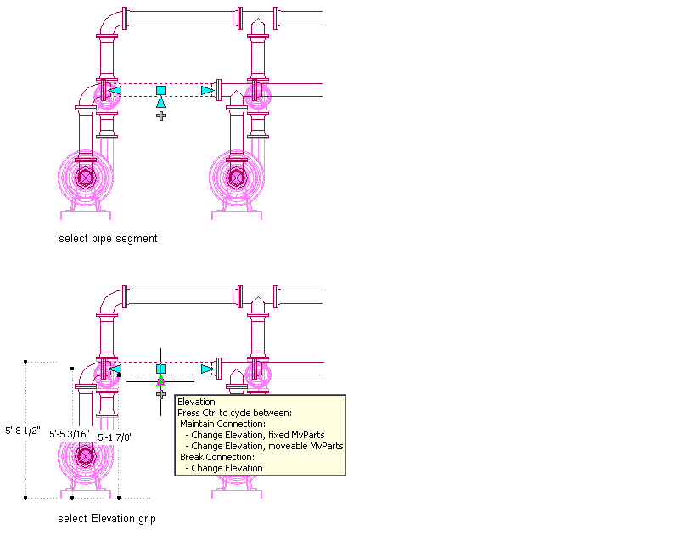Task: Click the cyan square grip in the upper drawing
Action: pyautogui.click(x=160, y=90)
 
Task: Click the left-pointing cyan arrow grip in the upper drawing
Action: pyautogui.click(x=115, y=90)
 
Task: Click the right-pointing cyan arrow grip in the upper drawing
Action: pyautogui.click(x=207, y=90)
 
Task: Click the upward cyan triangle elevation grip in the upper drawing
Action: pyautogui.click(x=160, y=102)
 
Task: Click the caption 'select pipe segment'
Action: pyautogui.click(x=108, y=239)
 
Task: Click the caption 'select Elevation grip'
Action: pyautogui.click(x=107, y=518)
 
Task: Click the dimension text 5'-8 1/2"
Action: pyautogui.click(x=23, y=431)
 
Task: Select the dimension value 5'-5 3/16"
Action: pyautogui.click(x=70, y=434)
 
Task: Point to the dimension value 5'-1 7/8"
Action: pyautogui.click(x=115, y=437)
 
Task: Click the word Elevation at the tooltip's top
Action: pyautogui.click(x=196, y=402)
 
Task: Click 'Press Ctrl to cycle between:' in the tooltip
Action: pyautogui.click(x=234, y=413)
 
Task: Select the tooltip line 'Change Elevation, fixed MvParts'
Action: pyautogui.click(x=257, y=435)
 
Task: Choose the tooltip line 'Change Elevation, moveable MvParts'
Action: pyautogui.click(x=267, y=446)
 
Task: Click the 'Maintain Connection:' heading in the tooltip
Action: pyautogui.click(x=222, y=424)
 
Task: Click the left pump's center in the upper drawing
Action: pyautogui.click(x=85, y=178)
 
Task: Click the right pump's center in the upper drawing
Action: pyautogui.click(x=237, y=178)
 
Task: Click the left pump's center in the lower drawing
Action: pyautogui.click(x=85, y=456)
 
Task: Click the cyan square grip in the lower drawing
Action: pyautogui.click(x=160, y=369)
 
